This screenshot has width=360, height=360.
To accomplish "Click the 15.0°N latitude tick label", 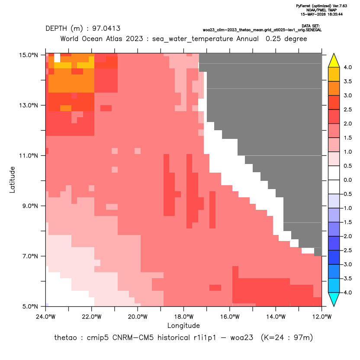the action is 29,55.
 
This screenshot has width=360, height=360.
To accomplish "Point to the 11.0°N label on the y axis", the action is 29,156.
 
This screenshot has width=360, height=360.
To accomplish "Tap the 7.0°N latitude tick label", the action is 30,256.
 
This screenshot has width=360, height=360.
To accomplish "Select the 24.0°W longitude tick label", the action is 46,317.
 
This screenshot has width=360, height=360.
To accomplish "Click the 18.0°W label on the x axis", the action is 183,317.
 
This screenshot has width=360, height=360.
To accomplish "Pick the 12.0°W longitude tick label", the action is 321,317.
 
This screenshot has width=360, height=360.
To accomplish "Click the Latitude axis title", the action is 12,180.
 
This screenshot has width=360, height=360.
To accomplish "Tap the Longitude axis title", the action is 183,325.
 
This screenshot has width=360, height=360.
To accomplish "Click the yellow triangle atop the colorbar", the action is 334,61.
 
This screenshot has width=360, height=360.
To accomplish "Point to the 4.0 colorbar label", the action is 347,67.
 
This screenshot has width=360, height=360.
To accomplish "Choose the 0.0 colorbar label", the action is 347,180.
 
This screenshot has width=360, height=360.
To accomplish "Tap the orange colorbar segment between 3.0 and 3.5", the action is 334,88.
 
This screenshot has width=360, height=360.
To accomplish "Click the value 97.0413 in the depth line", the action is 106,29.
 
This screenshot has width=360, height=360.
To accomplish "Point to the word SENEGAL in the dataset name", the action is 314,30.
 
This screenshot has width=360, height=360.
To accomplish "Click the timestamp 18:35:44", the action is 335,14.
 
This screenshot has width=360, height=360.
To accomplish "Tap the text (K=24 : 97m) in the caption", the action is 287,338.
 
